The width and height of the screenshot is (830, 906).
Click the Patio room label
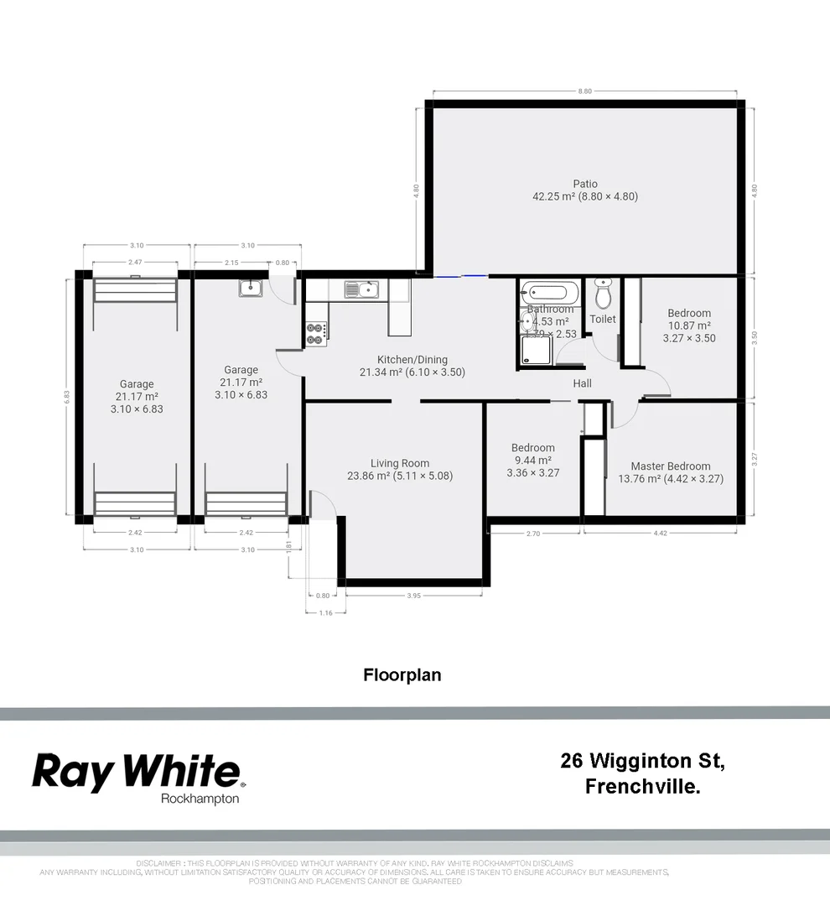click(x=585, y=184)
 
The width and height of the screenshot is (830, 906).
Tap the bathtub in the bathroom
click(x=550, y=294)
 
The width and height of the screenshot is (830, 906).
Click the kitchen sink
click(x=362, y=289)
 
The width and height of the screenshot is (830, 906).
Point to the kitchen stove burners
click(x=316, y=334)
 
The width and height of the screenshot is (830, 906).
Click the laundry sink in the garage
click(x=252, y=289)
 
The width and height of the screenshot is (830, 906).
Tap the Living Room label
click(x=400, y=463)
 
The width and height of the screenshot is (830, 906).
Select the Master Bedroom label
click(x=670, y=466)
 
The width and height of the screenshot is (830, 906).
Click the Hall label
click(x=582, y=383)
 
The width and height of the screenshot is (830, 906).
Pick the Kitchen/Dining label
click(x=412, y=360)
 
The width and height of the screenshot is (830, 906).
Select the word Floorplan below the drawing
click(x=402, y=674)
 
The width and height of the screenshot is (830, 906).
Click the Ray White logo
click(x=136, y=772)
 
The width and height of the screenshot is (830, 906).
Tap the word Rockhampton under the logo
click(x=200, y=799)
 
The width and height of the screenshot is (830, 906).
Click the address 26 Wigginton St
click(x=641, y=762)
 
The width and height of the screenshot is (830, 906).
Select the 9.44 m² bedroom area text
click(x=532, y=461)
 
